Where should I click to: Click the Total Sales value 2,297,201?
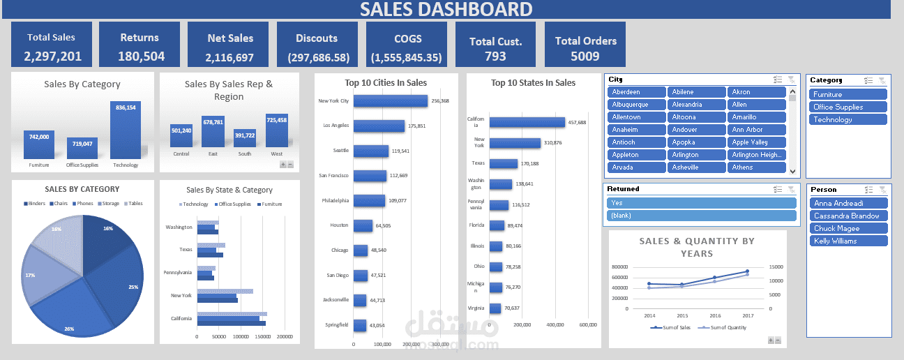pos(52,57)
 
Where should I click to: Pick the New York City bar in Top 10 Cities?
pos(390,101)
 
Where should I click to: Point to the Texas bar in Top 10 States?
pos(503,164)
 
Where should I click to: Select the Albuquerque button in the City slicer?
pos(636,105)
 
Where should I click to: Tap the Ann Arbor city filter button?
pos(756,130)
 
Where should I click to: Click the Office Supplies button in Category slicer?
pos(847,107)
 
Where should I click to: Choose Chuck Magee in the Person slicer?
pos(847,229)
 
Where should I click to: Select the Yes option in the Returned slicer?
pos(700,203)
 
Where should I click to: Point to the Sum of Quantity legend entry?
pos(725,327)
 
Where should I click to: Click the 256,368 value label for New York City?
pos(440,101)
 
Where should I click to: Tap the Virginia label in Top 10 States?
pos(476,308)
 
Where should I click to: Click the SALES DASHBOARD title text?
pos(446,9)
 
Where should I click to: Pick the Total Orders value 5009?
pos(585,56)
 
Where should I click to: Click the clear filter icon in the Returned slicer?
pos(790,189)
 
